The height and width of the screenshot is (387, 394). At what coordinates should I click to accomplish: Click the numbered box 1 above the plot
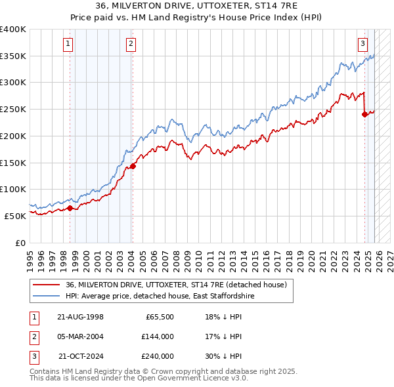coord(68,44)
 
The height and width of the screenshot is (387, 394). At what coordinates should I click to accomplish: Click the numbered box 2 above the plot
coord(131,44)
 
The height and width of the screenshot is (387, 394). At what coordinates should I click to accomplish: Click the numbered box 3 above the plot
coord(362,44)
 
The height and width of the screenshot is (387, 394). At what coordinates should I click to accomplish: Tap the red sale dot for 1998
coord(70,208)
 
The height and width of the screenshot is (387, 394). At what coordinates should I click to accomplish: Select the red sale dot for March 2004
coord(133,166)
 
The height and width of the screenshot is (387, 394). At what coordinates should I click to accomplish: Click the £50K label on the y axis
coord(15,216)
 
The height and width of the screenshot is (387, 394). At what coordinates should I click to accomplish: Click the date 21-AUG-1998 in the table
coord(80,317)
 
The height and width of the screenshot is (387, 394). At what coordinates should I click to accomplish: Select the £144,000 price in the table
coord(157,336)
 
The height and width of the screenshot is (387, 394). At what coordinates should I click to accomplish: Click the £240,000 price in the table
coord(157,356)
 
